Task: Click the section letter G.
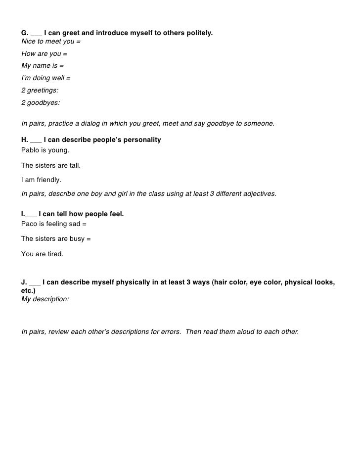click(x=24, y=33)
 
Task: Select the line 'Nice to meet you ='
click(x=50, y=42)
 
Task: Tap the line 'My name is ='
click(x=43, y=65)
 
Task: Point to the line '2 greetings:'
click(x=40, y=91)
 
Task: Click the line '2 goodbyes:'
click(x=41, y=103)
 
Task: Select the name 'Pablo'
click(x=30, y=149)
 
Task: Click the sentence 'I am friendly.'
click(x=41, y=180)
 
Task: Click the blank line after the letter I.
click(x=31, y=214)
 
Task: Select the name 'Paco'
click(x=29, y=223)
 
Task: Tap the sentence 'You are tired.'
click(x=42, y=254)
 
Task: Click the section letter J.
click(x=24, y=282)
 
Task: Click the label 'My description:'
click(x=45, y=299)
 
